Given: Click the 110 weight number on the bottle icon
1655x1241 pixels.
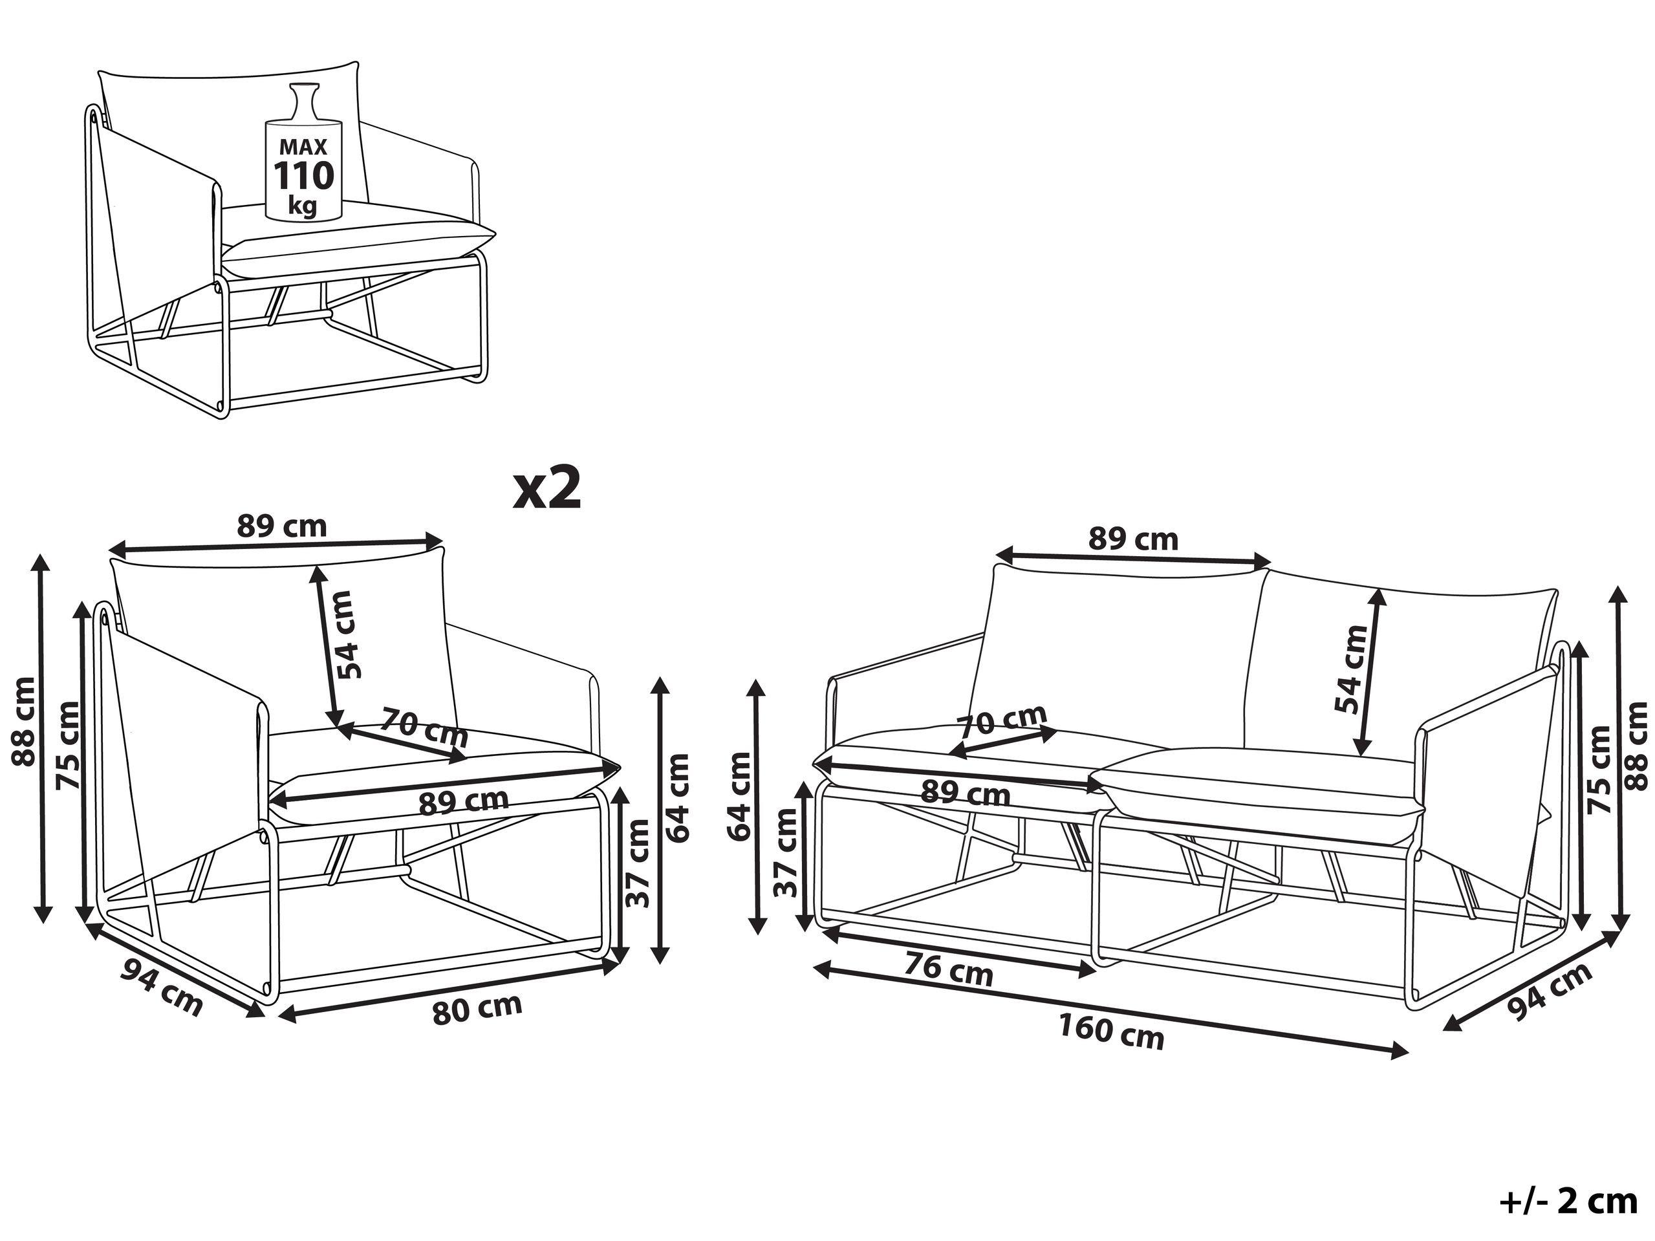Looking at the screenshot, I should point(303,177).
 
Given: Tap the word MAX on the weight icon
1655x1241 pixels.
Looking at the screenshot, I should point(303,147).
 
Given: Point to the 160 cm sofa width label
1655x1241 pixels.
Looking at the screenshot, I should point(1111,1033).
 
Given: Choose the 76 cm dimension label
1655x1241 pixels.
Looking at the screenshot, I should point(949,971).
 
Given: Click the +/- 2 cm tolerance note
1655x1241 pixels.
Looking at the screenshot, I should point(1568,1202).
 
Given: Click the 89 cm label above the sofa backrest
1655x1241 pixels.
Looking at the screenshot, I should point(1133,539).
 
